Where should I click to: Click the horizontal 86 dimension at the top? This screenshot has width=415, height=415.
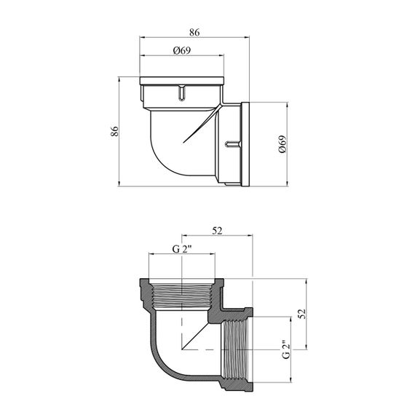(194, 32)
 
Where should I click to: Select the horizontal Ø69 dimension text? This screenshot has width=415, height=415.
(182, 50)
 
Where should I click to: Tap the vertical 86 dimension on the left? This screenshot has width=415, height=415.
(114, 131)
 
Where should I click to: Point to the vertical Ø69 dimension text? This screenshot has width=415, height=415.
(282, 144)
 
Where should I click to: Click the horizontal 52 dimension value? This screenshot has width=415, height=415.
(217, 231)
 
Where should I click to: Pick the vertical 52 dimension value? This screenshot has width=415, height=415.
(302, 314)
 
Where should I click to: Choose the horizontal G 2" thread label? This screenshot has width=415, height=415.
(182, 249)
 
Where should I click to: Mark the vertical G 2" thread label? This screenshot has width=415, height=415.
(286, 349)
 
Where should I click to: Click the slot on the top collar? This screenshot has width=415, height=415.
(181, 92)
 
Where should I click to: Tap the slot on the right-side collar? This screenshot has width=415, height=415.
(233, 143)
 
